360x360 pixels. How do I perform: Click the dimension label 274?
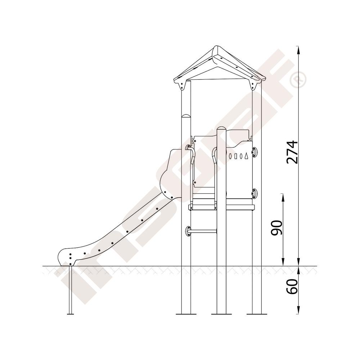point(292,152)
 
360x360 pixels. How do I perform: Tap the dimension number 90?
point(276,228)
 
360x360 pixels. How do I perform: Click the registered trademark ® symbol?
point(298,79)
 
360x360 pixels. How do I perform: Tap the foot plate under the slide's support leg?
point(70,314)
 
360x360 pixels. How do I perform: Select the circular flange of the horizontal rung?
point(188,231)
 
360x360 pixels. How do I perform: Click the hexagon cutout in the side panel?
point(230,156)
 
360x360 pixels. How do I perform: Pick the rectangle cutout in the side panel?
point(236,156)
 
